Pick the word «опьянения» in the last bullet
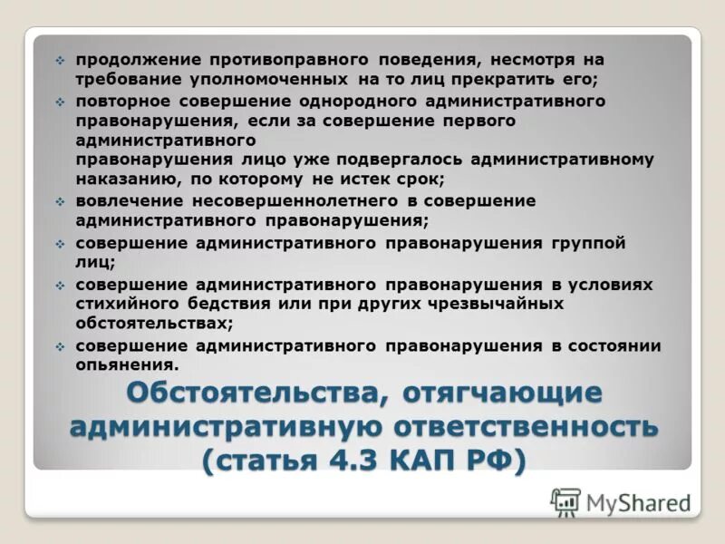click(124, 365)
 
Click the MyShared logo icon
click(565, 501)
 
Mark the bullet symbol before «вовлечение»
click(60, 201)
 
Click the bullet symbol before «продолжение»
click(60, 60)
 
